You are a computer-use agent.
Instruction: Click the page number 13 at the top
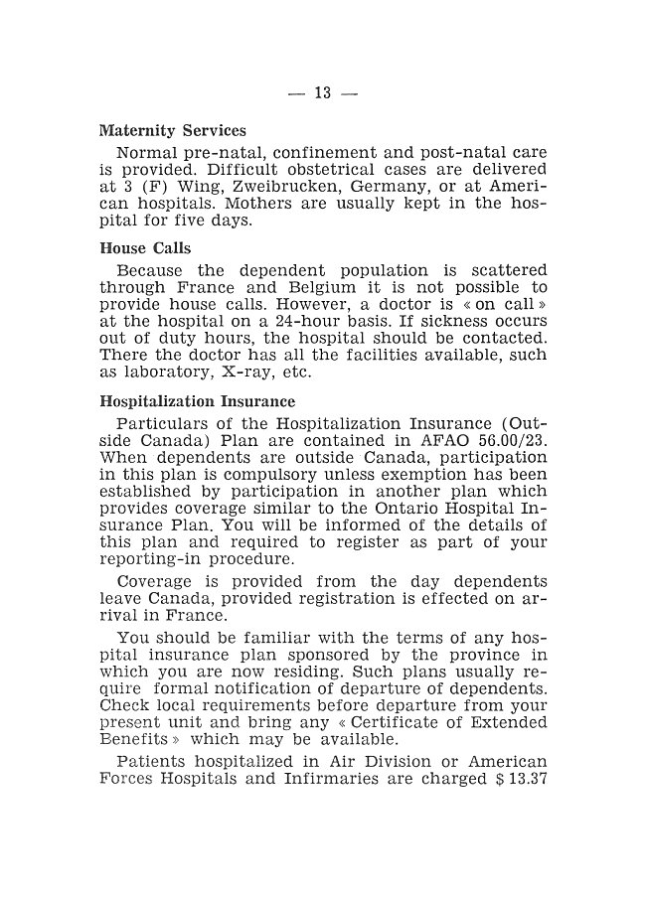click(322, 93)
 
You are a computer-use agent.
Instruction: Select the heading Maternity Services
click(172, 131)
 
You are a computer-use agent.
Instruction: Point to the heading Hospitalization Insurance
click(197, 401)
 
